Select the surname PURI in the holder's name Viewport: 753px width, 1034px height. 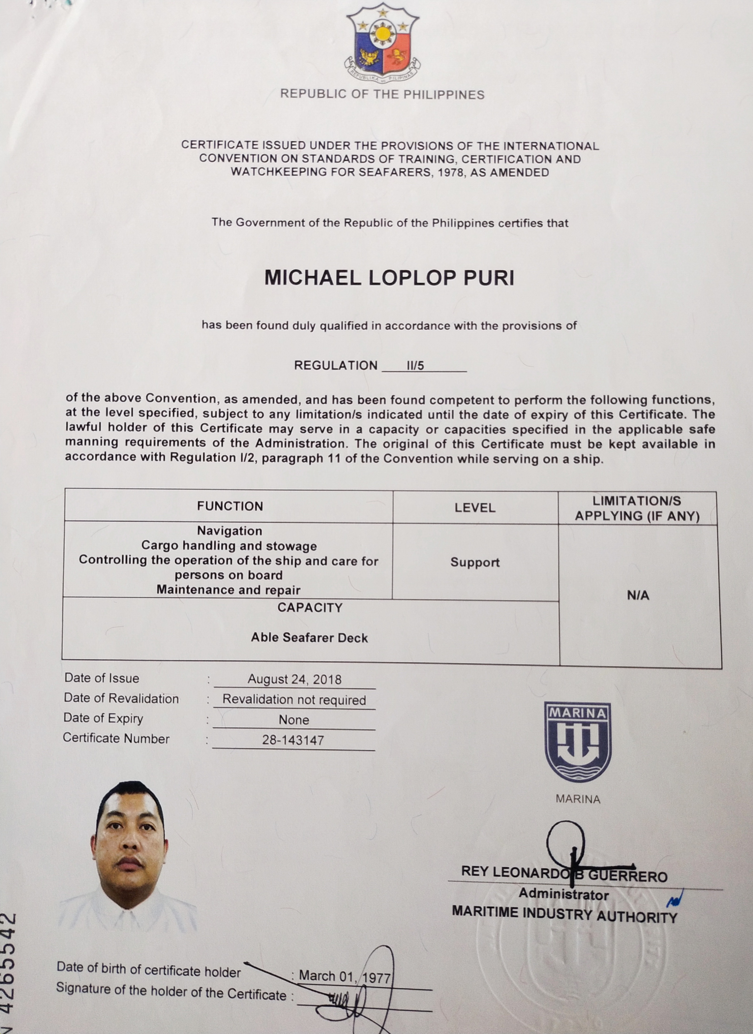click(489, 278)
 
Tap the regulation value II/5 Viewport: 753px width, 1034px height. click(415, 366)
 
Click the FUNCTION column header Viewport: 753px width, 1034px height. click(230, 506)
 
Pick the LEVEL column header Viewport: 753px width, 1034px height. click(475, 508)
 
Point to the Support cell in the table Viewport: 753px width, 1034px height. click(475, 562)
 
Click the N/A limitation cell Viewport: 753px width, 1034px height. click(638, 595)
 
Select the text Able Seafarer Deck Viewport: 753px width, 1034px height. click(309, 637)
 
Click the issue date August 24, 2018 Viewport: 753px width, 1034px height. click(294, 679)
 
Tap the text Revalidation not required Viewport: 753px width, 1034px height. click(294, 700)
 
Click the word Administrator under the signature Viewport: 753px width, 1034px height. click(564, 894)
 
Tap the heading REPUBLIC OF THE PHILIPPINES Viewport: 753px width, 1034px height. click(382, 94)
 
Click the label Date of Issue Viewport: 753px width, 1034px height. click(102, 678)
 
